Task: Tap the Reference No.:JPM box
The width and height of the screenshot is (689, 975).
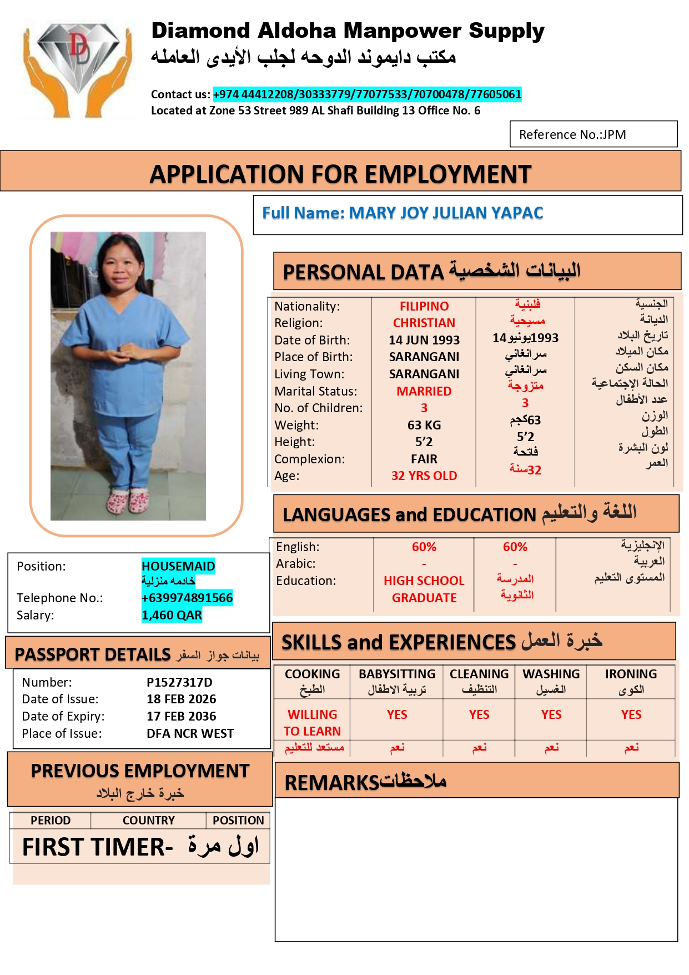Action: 593,134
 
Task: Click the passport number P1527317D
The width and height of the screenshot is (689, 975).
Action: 179,682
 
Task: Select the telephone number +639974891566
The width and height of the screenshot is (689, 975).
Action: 187,598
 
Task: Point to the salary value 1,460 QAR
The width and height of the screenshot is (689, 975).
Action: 172,615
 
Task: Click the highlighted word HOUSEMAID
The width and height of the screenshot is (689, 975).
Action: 178,566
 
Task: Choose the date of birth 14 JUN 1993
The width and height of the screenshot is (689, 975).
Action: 424,340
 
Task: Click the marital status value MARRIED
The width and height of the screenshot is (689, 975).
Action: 424,391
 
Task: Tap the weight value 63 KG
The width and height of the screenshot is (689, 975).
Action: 424,425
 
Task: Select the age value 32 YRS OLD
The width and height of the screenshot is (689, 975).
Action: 424,476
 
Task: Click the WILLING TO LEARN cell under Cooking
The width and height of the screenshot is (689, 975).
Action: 312,723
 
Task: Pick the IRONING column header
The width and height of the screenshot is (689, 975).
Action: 631,674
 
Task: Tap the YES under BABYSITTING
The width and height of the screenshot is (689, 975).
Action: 397,715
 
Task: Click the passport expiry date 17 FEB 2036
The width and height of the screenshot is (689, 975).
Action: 181,717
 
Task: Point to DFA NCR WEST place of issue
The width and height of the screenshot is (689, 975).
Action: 190,734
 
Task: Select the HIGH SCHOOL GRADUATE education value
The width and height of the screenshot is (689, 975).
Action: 424,589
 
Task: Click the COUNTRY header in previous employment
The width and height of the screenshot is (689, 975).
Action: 148,821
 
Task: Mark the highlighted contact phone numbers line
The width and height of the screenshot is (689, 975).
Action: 367,94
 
